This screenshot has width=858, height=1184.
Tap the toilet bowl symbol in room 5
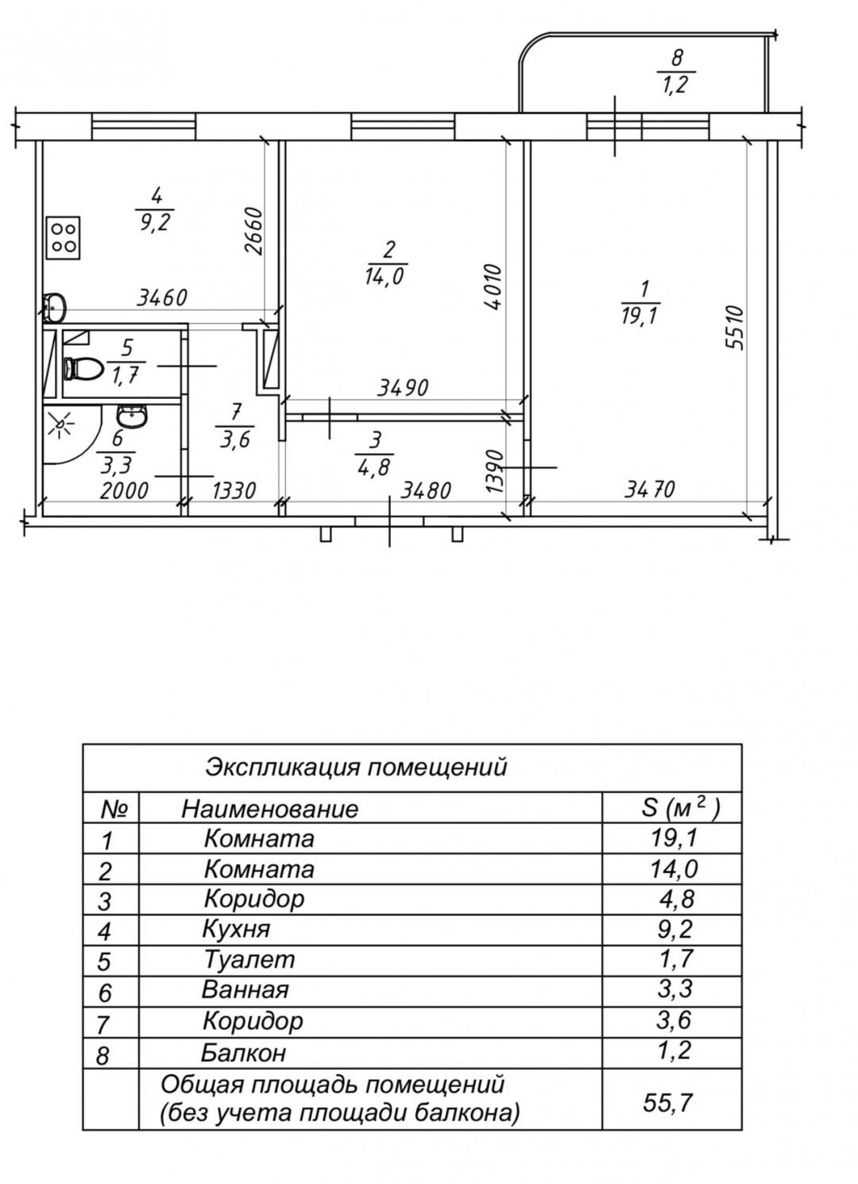click(x=82, y=369)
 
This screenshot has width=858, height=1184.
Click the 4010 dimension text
click(x=493, y=287)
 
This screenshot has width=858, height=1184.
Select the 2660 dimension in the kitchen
click(x=253, y=231)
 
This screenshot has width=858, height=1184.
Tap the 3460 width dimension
click(x=162, y=299)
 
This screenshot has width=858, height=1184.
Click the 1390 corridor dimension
click(x=494, y=470)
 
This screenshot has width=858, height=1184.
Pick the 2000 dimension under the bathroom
click(x=125, y=490)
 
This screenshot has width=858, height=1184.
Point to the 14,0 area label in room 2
click(x=388, y=276)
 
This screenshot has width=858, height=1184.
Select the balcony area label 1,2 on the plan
click(x=675, y=85)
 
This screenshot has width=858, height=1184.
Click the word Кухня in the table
click(x=237, y=929)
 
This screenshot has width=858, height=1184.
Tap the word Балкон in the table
click(x=243, y=1053)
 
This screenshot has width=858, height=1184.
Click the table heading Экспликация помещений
click(x=356, y=768)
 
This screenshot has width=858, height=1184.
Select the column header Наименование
click(x=270, y=809)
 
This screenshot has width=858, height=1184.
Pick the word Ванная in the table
click(x=245, y=990)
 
